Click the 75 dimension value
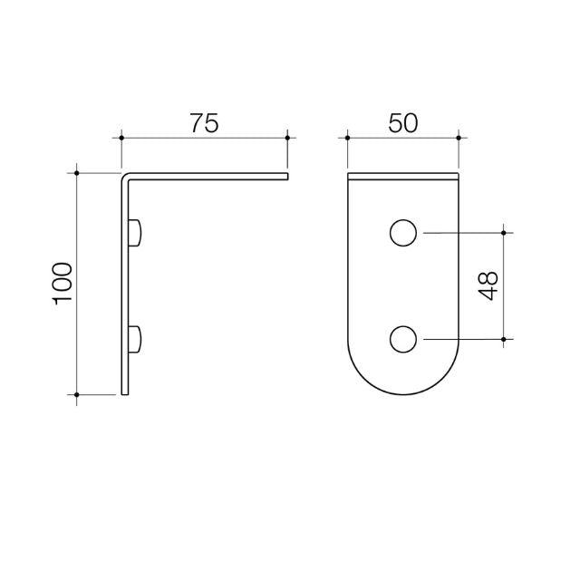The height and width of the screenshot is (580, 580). [x=205, y=123]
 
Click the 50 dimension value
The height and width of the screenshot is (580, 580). [x=402, y=123]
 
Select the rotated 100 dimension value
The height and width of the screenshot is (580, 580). [x=63, y=283]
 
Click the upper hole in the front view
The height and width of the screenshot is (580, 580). [x=402, y=233]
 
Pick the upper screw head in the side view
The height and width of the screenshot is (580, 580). [x=136, y=233]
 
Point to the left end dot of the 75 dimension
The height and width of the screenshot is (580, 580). [x=121, y=138]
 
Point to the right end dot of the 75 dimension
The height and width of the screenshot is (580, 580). [x=287, y=138]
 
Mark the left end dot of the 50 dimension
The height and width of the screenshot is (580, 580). [x=347, y=138]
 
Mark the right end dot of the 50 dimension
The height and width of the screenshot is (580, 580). [x=459, y=138]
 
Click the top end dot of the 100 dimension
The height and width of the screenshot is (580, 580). [x=78, y=172]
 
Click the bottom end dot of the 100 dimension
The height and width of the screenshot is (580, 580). [x=78, y=394]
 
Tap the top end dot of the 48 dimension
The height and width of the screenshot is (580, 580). [x=504, y=233]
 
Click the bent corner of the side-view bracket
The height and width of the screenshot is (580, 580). [x=126, y=176]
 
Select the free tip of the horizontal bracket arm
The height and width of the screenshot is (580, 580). [x=285, y=175]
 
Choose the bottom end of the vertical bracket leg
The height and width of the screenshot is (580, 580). [x=126, y=393]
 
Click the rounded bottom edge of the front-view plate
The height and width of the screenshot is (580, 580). [x=402, y=394]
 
